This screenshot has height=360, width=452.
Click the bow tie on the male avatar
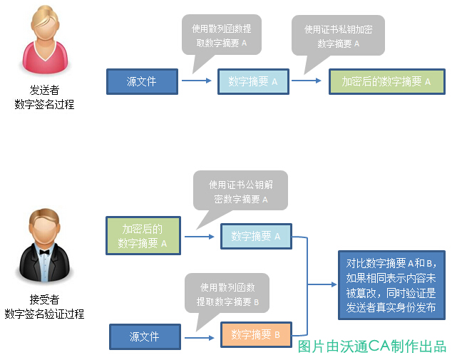[43, 252]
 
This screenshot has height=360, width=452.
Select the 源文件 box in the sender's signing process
[141, 81]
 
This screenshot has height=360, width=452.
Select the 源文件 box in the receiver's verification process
[144, 336]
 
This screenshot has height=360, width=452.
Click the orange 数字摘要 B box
[256, 334]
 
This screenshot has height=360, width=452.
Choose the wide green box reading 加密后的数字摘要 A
[386, 81]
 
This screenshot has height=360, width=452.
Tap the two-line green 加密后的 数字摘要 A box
[143, 236]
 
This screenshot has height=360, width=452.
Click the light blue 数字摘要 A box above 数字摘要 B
[256, 236]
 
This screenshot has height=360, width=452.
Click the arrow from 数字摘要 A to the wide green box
[307, 81]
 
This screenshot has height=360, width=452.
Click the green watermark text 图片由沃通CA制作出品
[371, 346]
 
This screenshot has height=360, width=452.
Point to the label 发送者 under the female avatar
[43, 91]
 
